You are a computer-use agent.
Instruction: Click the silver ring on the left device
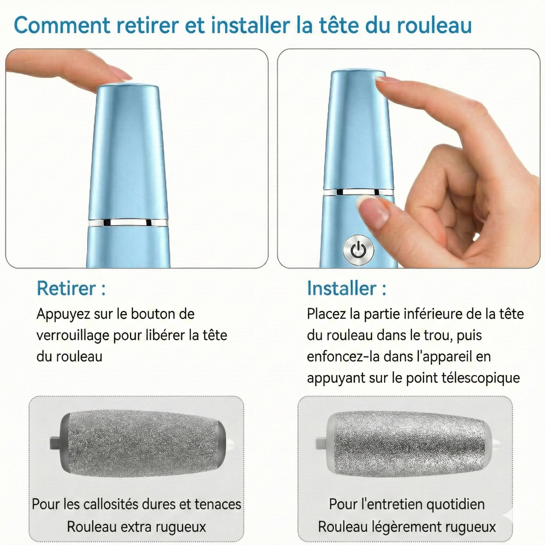pyautogui.click(x=128, y=223)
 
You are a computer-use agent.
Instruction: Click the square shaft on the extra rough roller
pyautogui.click(x=54, y=442)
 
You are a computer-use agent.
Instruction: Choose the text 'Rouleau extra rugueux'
pyautogui.click(x=137, y=527)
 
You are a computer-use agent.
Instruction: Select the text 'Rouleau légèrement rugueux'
pyautogui.click(x=407, y=527)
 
